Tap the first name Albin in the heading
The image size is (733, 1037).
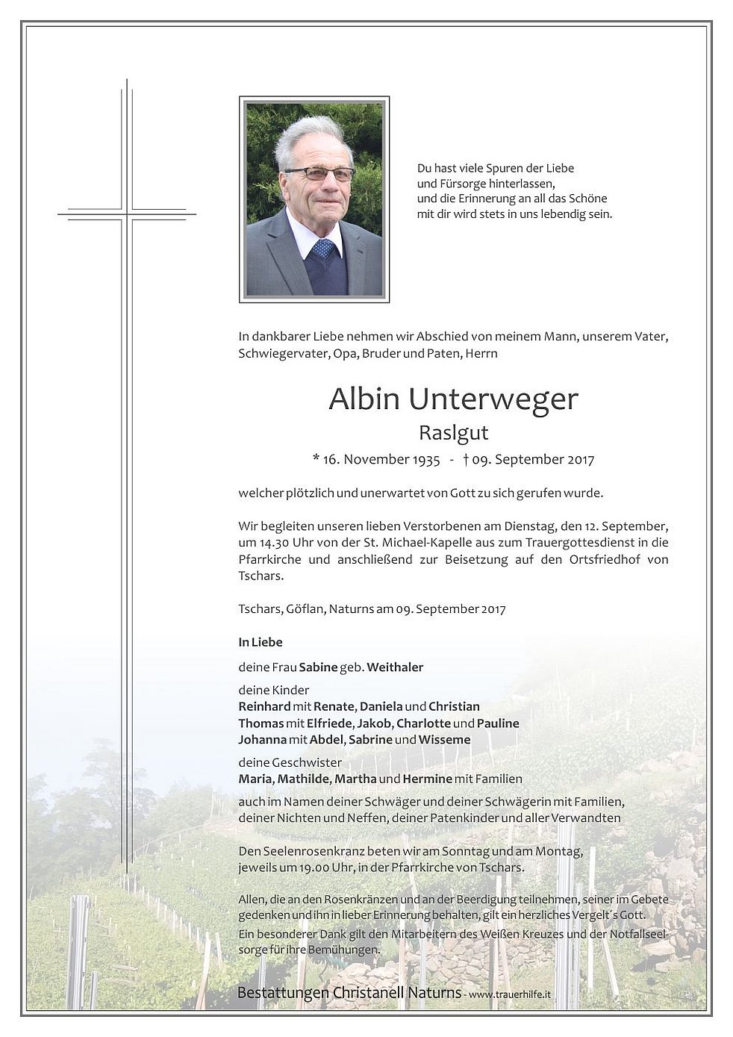click(x=364, y=399)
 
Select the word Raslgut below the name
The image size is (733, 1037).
click(x=453, y=433)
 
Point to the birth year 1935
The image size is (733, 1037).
click(x=425, y=459)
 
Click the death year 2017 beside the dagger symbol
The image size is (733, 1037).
click(x=579, y=459)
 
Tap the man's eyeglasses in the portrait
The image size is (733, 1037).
click(x=319, y=174)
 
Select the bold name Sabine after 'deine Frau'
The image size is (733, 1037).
click(x=318, y=667)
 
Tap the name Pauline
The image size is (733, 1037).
click(x=498, y=723)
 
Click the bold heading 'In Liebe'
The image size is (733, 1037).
click(x=261, y=642)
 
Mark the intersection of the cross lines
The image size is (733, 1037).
click(x=127, y=214)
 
